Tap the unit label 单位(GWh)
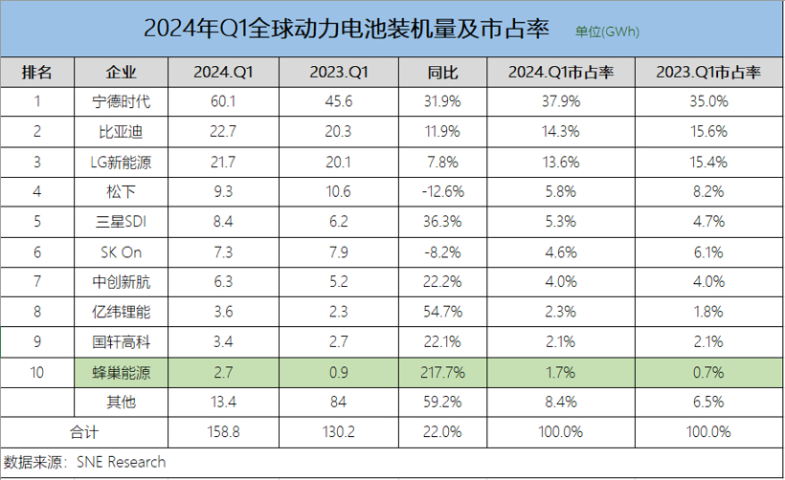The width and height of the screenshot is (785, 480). coord(607,32)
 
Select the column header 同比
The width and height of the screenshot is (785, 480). coord(442,73)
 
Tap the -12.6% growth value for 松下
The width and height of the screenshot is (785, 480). coord(442,192)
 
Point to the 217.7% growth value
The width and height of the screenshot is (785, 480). coord(442,373)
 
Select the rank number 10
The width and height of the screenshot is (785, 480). coord(37,373)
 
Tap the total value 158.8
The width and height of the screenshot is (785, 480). coord(222,432)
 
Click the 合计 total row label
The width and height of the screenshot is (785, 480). coord(84,432)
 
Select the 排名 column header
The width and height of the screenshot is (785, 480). coord(37,73)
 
